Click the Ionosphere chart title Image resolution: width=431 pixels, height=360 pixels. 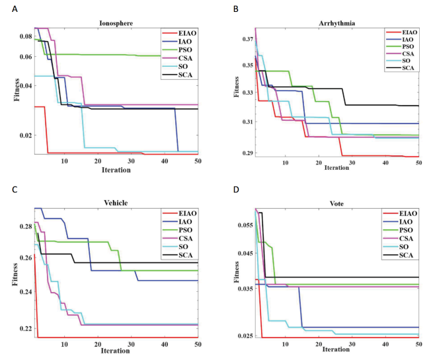pyautogui.click(x=116, y=23)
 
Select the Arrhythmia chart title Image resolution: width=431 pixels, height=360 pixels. pyautogui.click(x=336, y=23)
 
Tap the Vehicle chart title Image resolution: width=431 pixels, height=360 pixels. pyautogui.click(x=116, y=203)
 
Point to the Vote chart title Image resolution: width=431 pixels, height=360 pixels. pyautogui.click(x=336, y=203)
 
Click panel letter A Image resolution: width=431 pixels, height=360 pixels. pyautogui.click(x=15, y=9)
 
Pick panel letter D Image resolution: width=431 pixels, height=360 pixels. pyautogui.click(x=236, y=190)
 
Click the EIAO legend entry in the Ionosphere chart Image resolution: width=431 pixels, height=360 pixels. pyautogui.click(x=179, y=33)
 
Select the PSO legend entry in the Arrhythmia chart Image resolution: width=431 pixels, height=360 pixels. pyautogui.click(x=400, y=47)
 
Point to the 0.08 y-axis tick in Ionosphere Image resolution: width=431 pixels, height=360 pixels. pyautogui.click(x=26, y=36)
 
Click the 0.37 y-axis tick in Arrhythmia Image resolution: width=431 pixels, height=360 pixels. pyautogui.click(x=248, y=39)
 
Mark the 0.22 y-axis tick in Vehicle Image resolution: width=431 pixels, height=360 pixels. pyautogui.click(x=26, y=328)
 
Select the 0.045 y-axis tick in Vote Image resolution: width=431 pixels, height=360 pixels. pyautogui.click(x=245, y=253)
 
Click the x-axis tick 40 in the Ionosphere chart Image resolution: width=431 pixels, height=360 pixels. pyautogui.click(x=165, y=161)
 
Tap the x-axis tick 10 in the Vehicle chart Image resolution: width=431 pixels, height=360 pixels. pyautogui.click(x=64, y=344)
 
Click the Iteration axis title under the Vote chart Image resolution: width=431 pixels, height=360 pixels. pyautogui.click(x=336, y=349)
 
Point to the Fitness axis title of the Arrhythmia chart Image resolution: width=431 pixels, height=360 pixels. pyautogui.click(x=236, y=87)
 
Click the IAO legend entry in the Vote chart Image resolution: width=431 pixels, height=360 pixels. pyautogui.click(x=398, y=221)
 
